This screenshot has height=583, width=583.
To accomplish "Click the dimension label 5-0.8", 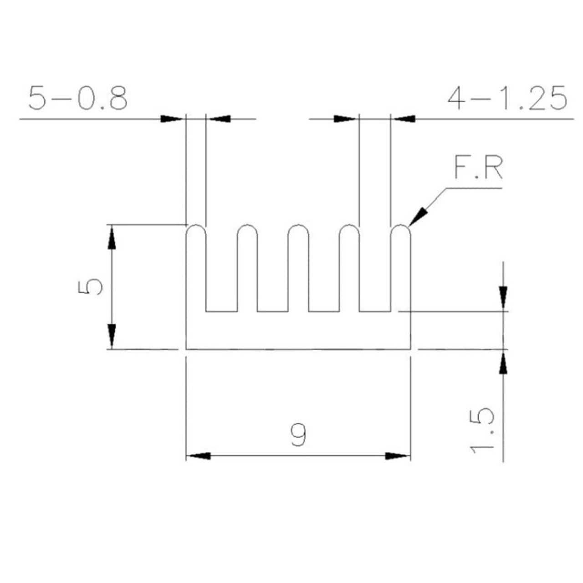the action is tap(78, 98).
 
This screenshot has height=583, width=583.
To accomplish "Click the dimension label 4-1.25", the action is tap(507, 98).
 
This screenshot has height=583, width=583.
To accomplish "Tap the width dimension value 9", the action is tap(299, 435).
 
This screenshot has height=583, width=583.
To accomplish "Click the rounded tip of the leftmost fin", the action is tap(196, 225).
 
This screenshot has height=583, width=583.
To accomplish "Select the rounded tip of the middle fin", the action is tap(298, 225).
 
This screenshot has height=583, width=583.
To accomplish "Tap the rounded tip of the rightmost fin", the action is tap(400, 225).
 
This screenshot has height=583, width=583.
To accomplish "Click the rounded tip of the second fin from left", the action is tap(247, 225).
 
